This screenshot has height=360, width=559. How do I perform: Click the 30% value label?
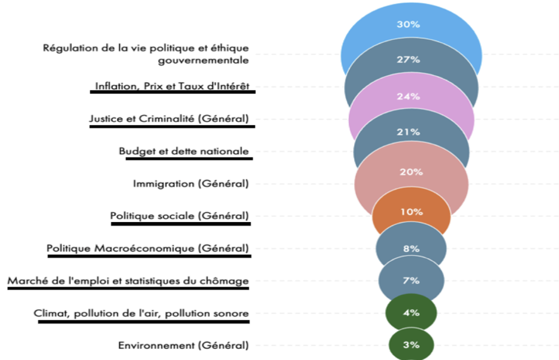pyautogui.click(x=411, y=25)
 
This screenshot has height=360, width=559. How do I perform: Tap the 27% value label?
pyautogui.click(x=411, y=59)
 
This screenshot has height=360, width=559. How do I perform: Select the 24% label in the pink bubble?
pyautogui.click(x=411, y=96)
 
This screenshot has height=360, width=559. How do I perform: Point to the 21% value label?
pyautogui.click(x=411, y=132)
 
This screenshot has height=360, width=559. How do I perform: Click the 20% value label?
pyautogui.click(x=411, y=172)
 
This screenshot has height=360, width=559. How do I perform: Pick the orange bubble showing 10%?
pyautogui.click(x=411, y=212)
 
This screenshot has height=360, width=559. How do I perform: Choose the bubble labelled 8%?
pyautogui.click(x=411, y=248)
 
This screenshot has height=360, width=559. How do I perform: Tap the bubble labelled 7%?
pyautogui.click(x=411, y=281)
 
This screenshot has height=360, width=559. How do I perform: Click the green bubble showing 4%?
pyautogui.click(x=411, y=313)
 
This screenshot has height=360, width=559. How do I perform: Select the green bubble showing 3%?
pyautogui.click(x=411, y=344)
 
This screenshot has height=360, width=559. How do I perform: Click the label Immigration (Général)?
pyautogui.click(x=190, y=183)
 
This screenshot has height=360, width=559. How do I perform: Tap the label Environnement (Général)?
pyautogui.click(x=183, y=345)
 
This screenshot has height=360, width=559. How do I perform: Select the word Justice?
pyautogui.click(x=104, y=118)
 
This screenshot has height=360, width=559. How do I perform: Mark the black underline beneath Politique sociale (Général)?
pyautogui.click(x=181, y=224)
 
